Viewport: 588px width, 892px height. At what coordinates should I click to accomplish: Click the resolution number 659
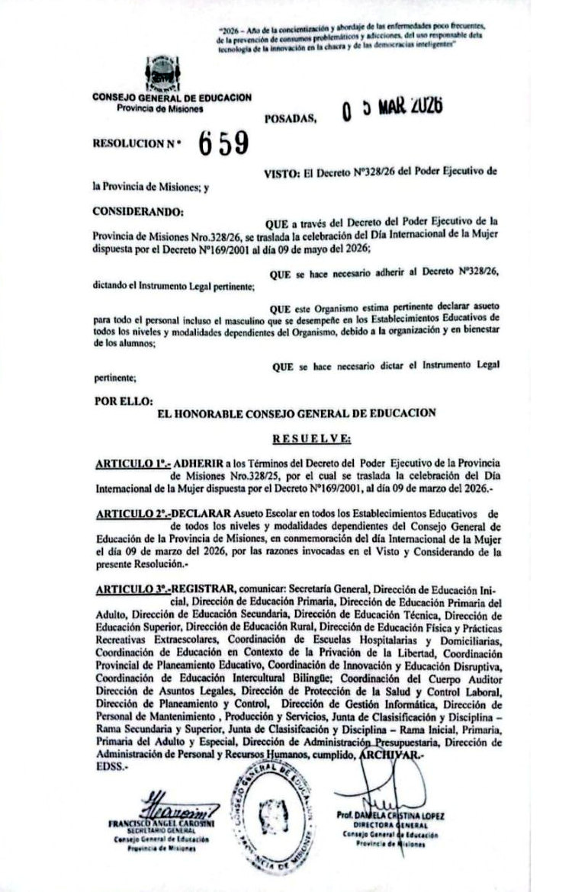[224, 143]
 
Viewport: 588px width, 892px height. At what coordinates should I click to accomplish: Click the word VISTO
[280, 173]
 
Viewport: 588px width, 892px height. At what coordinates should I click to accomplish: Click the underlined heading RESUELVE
[311, 438]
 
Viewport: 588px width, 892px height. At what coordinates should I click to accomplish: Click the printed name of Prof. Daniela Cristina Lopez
[390, 815]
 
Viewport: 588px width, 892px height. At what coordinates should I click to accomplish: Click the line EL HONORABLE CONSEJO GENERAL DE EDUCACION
[296, 413]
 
